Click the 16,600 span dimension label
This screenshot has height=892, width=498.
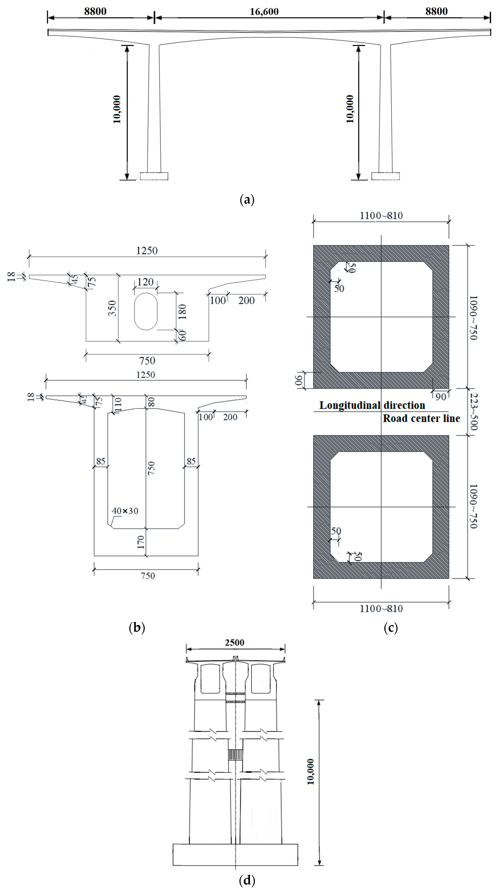click(x=264, y=12)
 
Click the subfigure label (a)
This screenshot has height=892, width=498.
click(x=247, y=200)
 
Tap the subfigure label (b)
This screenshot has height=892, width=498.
click(x=136, y=627)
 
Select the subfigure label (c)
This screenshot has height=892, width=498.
click(x=391, y=627)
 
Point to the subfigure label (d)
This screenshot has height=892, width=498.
click(x=247, y=880)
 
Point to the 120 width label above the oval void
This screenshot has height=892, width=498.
click(x=146, y=282)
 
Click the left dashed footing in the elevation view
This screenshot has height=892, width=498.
click(x=154, y=176)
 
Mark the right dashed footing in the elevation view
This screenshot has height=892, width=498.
click(x=385, y=176)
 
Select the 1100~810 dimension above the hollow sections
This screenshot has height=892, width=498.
click(x=381, y=216)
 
